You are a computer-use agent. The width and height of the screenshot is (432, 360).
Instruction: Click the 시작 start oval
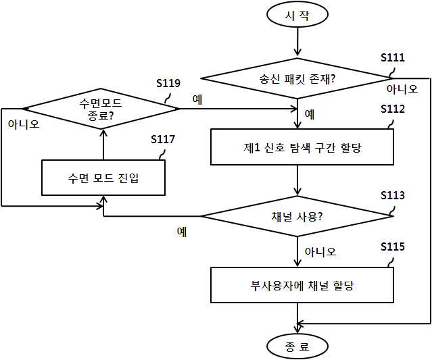pos(297,15)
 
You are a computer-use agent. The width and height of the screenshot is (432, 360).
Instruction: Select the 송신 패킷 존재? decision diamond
pos(297,78)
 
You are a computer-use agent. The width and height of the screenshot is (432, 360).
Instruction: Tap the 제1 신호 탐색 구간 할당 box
pos(302,147)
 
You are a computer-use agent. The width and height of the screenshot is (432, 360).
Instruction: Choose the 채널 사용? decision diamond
pos(297,216)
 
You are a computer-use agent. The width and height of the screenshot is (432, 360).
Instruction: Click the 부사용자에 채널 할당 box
pos(302,285)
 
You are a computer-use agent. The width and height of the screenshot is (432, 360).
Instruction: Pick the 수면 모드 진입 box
pos(103,178)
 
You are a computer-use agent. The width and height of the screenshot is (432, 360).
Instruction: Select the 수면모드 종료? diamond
pos(100,109)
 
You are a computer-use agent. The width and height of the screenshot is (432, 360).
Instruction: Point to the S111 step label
pos(393,57)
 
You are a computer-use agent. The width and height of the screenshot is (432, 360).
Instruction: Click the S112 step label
pos(393,109)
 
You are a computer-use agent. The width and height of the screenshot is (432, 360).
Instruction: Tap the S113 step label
pos(393,195)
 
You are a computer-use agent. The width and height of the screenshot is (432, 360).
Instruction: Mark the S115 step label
pos(393,247)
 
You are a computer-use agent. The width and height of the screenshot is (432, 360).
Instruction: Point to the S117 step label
pos(162,139)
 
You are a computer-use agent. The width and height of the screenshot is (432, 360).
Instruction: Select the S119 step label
pos(168,83)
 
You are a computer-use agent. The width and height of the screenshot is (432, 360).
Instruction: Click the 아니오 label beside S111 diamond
pos(402,89)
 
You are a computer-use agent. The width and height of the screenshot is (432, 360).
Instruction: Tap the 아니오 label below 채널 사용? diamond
pos(320,251)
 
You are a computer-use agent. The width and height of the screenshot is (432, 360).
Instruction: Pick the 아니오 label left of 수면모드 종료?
pos(24,124)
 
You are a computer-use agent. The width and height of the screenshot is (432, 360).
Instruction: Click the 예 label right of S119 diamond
pos(197,99)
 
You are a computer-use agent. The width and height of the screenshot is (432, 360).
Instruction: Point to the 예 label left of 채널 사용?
pos(182,232)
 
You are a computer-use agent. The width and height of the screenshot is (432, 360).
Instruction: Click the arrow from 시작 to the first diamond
pos(297,41)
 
